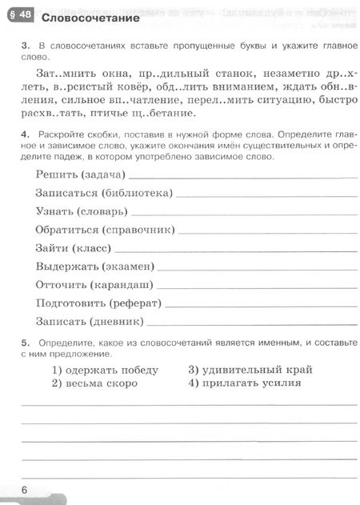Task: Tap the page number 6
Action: click(x=25, y=489)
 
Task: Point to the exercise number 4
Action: click(x=26, y=147)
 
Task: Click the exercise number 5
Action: click(x=26, y=342)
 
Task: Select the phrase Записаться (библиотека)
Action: click(x=104, y=192)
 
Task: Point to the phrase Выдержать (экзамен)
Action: click(x=95, y=266)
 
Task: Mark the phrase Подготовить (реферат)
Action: click(x=99, y=303)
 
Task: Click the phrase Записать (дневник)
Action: click(x=90, y=322)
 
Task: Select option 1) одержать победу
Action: click(x=105, y=370)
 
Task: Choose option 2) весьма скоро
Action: click(x=94, y=383)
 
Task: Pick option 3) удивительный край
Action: click(x=250, y=370)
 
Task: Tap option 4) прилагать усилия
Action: click(x=245, y=383)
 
